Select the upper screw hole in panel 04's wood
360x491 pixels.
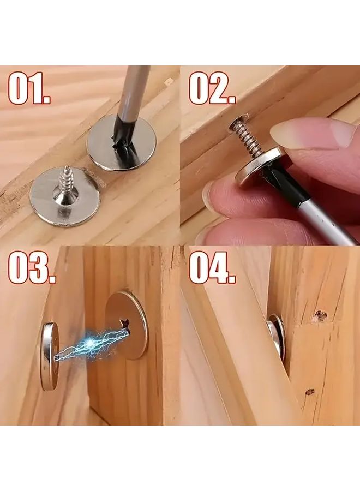[x=320, y=315]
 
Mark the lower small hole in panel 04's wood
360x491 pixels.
[x=309, y=391]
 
